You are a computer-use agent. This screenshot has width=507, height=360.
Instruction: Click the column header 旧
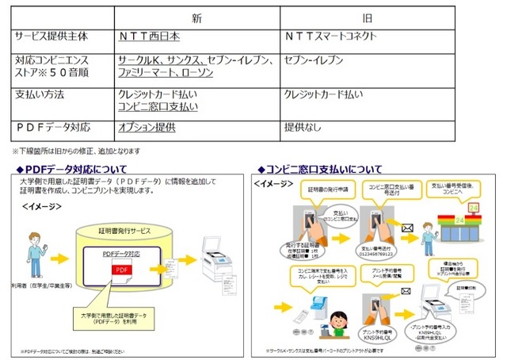tap(368, 17)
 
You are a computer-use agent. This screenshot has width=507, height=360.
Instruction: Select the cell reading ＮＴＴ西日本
tap(148, 36)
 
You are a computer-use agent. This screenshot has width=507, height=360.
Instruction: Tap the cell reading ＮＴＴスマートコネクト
tap(331, 36)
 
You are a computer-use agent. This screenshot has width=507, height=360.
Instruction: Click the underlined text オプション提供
tap(147, 127)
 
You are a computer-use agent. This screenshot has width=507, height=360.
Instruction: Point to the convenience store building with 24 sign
tap(457, 223)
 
